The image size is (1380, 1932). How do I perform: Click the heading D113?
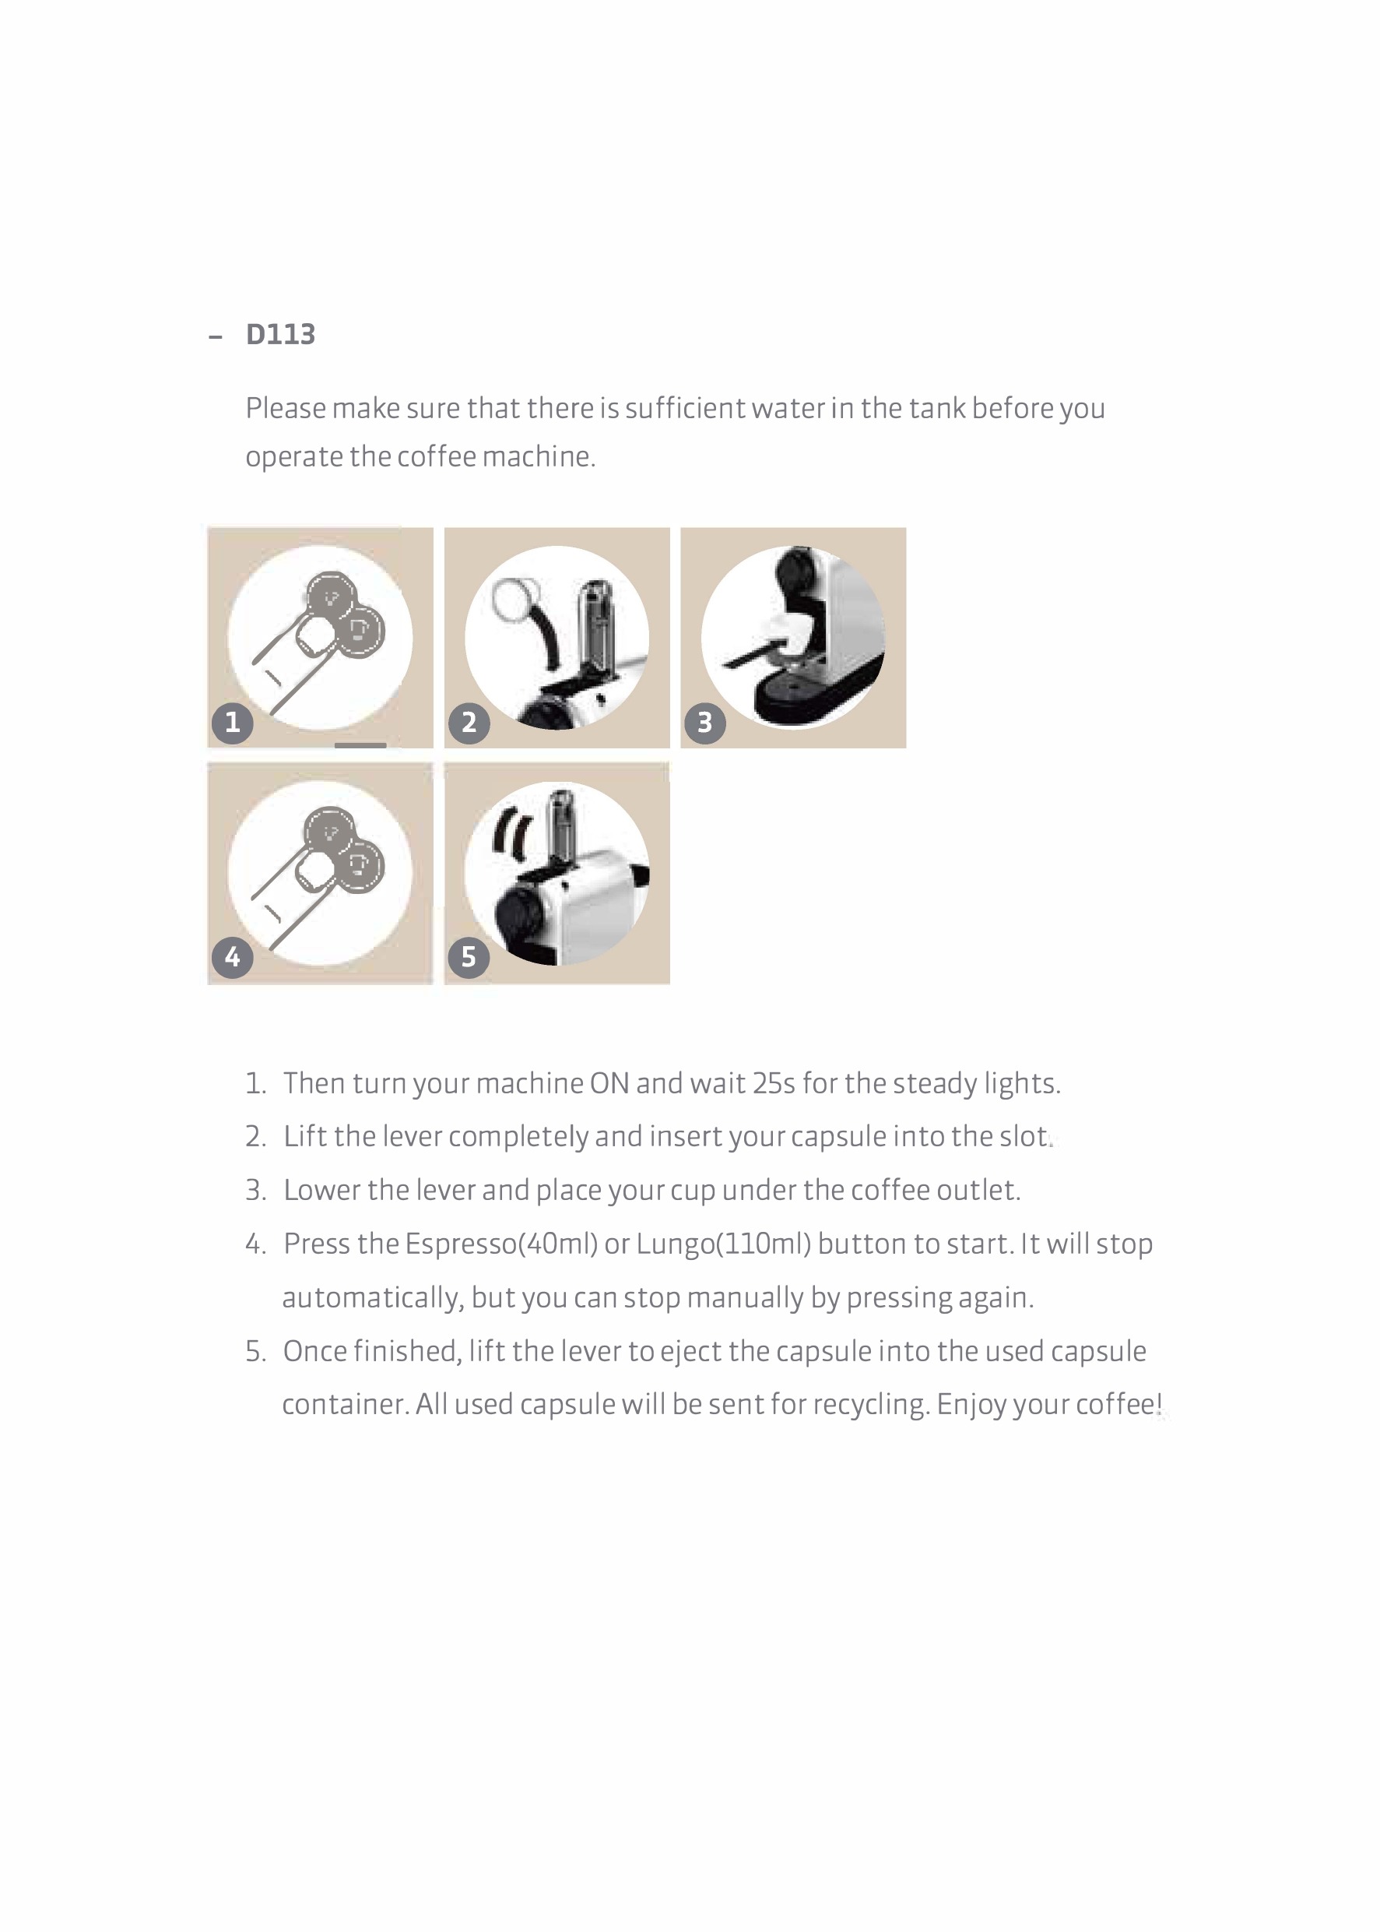pos(280,334)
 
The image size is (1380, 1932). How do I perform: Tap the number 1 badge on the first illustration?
pos(232,723)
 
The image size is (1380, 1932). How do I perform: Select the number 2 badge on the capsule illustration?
pos(469,723)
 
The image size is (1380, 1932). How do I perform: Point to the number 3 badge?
pos(704,723)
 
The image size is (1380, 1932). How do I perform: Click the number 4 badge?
pos(232,957)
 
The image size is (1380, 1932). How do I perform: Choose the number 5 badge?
pos(469,957)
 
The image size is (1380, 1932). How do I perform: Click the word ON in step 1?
pos(609,1084)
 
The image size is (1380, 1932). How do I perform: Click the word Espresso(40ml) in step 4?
pos(501,1244)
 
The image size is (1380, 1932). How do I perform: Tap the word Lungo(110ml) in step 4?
pos(724,1244)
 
